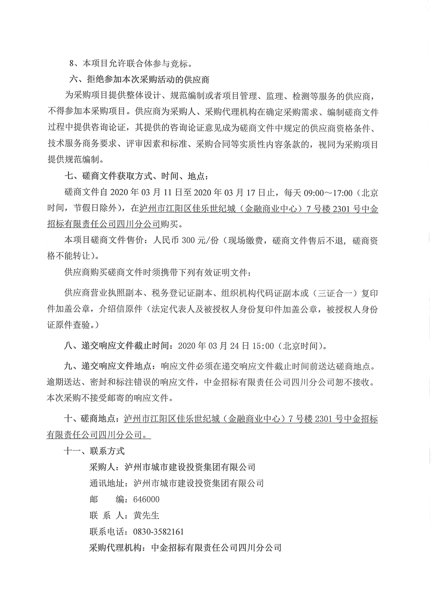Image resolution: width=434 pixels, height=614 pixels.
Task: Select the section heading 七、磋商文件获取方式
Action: coord(136,176)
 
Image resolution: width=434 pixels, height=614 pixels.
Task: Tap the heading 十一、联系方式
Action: coord(94,451)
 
